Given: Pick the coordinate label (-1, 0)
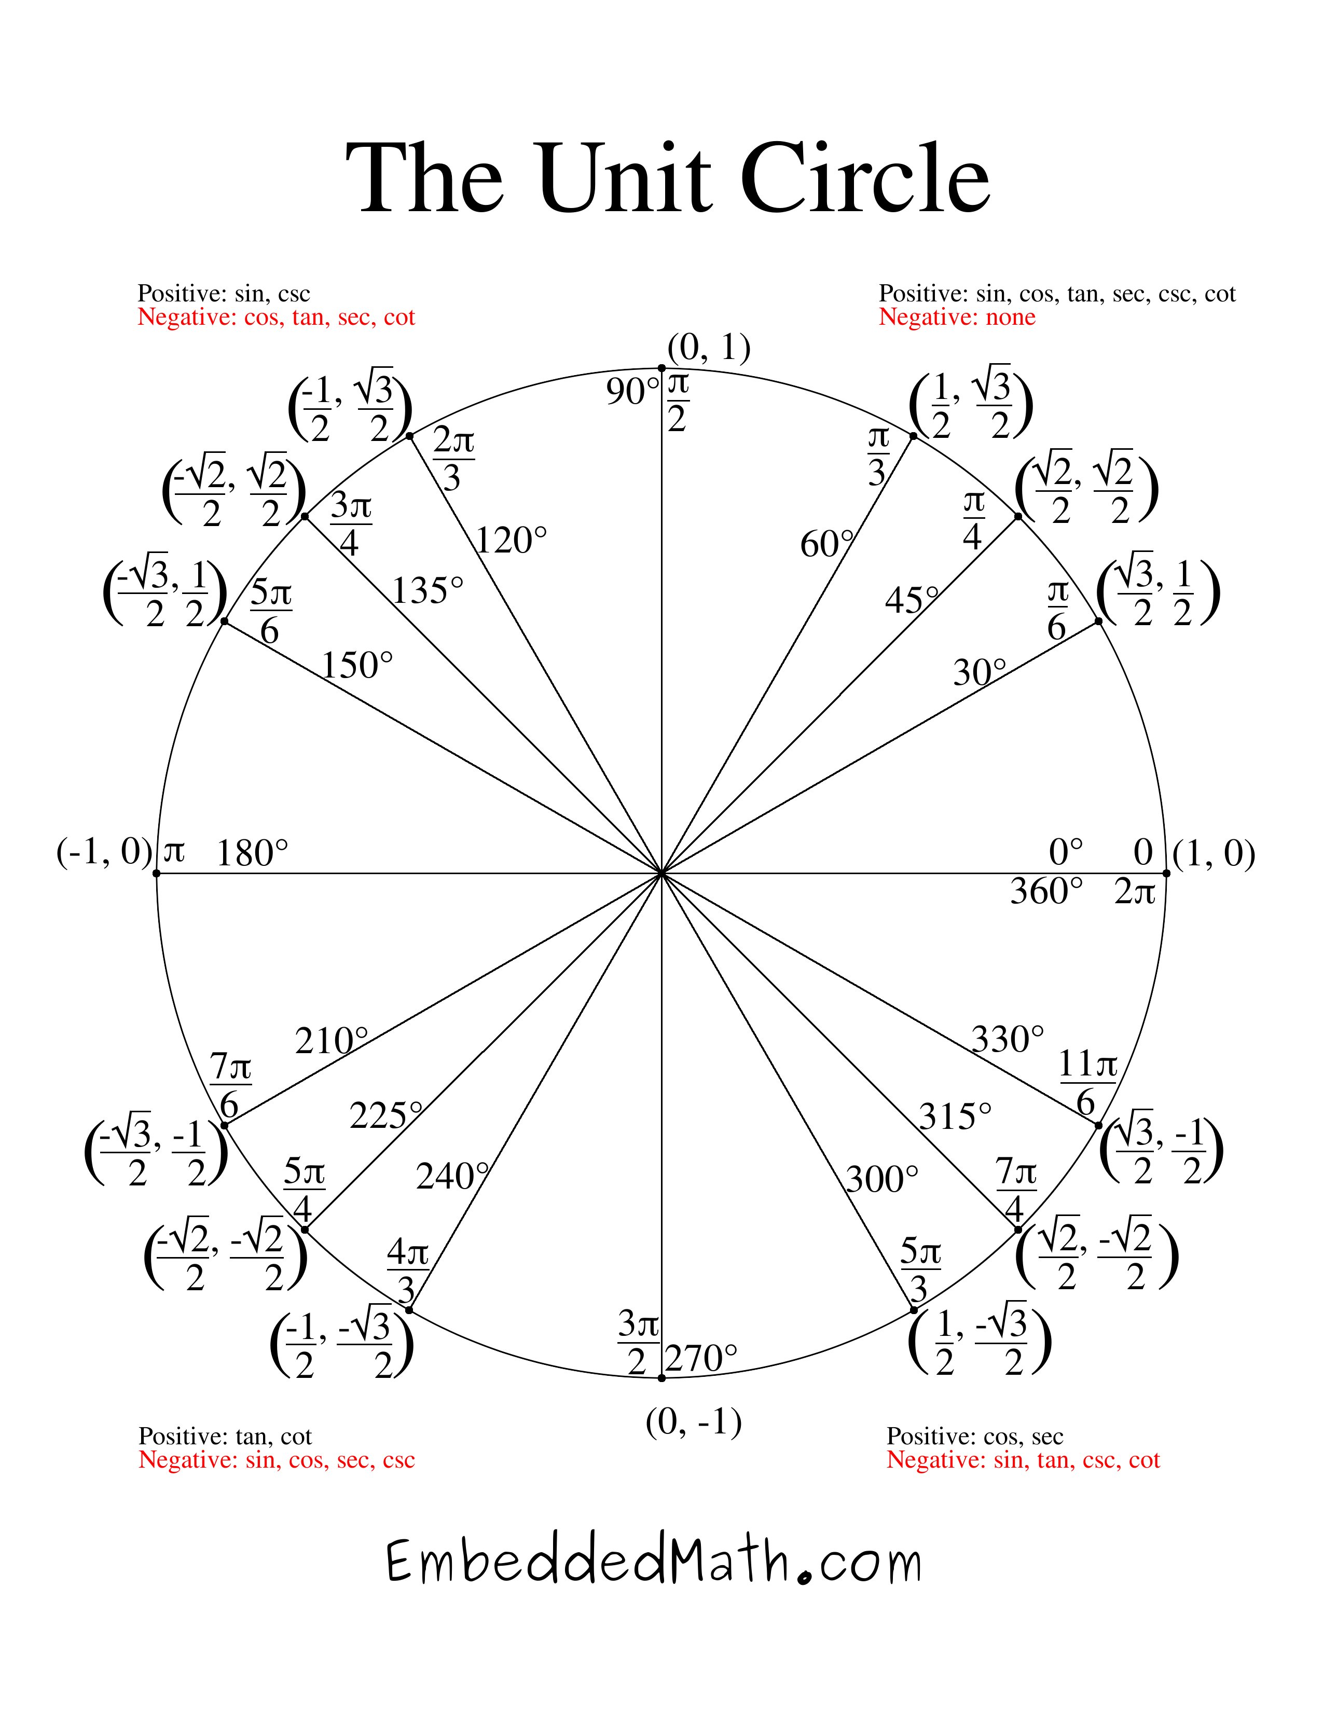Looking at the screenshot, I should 104,852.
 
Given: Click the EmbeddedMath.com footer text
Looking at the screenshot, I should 654,1562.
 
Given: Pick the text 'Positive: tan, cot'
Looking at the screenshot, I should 225,1436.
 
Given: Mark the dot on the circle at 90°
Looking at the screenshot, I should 661,368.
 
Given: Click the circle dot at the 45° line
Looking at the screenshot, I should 1018,516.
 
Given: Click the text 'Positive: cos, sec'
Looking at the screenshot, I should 974,1436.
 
